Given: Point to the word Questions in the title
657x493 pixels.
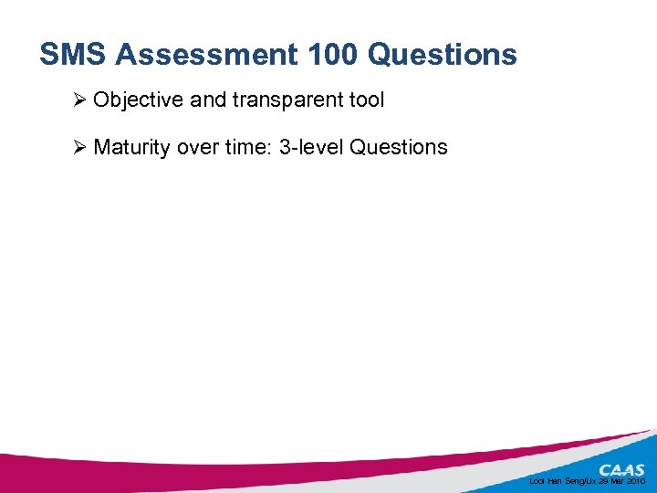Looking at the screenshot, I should coord(443,55).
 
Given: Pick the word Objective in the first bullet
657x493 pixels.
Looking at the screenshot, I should coord(138,100).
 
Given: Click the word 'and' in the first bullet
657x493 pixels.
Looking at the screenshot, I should coord(208,100).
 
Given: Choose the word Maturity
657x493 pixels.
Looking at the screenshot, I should coord(131,147).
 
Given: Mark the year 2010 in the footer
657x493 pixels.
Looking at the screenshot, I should coord(636,480).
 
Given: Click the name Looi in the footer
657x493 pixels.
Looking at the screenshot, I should coord(537,480).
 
